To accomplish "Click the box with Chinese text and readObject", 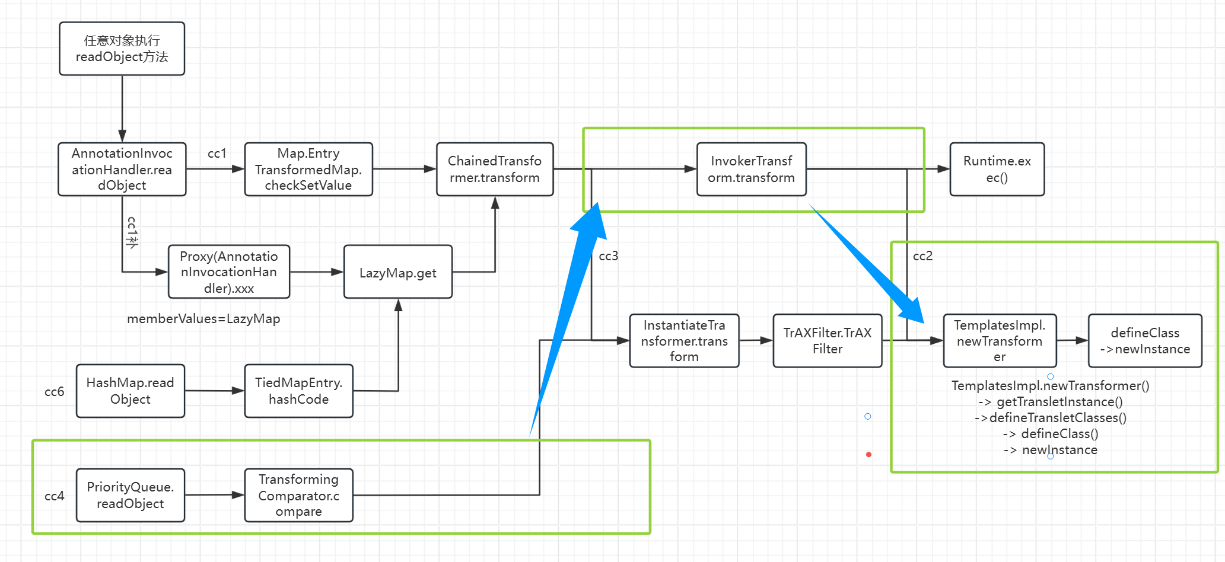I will [x=122, y=49].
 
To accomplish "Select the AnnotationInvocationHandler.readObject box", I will [x=122, y=169].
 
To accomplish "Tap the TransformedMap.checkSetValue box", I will [x=308, y=169].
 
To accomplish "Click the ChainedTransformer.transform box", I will [x=495, y=169].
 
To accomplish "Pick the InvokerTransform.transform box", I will [x=751, y=169].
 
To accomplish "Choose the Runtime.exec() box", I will [x=997, y=169].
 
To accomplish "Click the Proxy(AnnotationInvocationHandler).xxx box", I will [x=229, y=272].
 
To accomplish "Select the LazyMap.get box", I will [x=397, y=272].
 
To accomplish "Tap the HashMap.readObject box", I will [x=130, y=391].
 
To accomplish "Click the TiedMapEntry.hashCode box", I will [x=298, y=391].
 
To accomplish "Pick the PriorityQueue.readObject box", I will [x=130, y=495].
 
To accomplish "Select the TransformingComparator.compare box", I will [x=298, y=495].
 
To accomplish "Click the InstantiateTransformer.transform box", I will [x=684, y=340].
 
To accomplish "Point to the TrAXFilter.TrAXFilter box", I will [x=827, y=340].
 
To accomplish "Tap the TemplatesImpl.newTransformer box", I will [x=1000, y=340].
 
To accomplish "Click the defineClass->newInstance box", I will [x=1145, y=340].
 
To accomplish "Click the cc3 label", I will [x=609, y=256].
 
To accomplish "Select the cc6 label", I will [x=54, y=391].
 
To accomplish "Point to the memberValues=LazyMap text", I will [x=203, y=318].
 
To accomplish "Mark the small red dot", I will [x=868, y=455].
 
